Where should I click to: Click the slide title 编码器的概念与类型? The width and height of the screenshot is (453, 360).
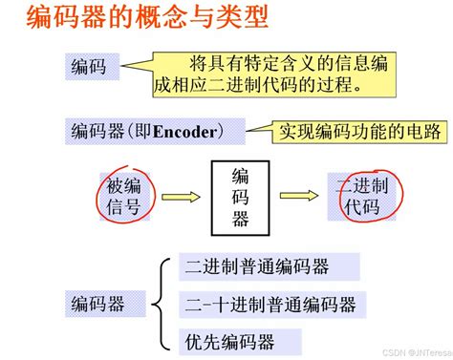134,18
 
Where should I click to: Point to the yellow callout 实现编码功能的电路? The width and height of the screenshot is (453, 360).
351,129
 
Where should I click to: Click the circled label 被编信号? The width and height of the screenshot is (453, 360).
121,197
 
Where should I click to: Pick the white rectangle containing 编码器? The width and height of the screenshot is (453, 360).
241,197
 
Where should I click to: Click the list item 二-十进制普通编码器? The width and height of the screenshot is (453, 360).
270,305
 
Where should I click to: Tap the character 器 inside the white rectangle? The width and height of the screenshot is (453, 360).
241,220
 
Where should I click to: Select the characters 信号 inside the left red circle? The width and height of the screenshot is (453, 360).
121,208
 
